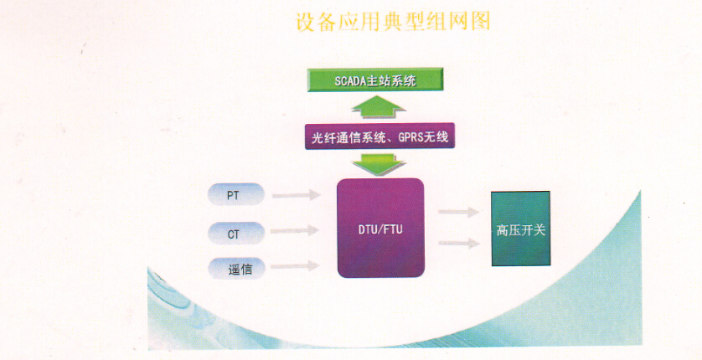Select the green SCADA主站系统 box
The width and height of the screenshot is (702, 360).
(374, 81)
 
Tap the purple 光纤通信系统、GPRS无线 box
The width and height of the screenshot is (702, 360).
(379, 135)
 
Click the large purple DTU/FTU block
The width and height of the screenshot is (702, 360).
(380, 228)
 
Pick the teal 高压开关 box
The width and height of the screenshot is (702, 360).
(520, 229)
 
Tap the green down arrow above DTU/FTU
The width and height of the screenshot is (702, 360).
(379, 163)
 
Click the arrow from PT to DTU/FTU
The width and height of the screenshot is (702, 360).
(297, 195)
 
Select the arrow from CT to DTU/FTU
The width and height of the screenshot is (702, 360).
(297, 231)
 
